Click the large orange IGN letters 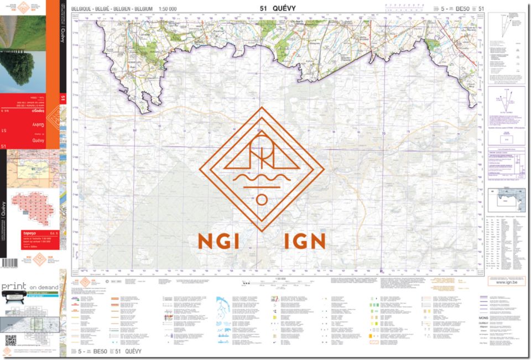coord(304,241)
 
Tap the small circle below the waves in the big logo coord(262,199)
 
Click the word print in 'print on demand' coord(13,288)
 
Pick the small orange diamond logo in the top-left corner coord(23,8)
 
